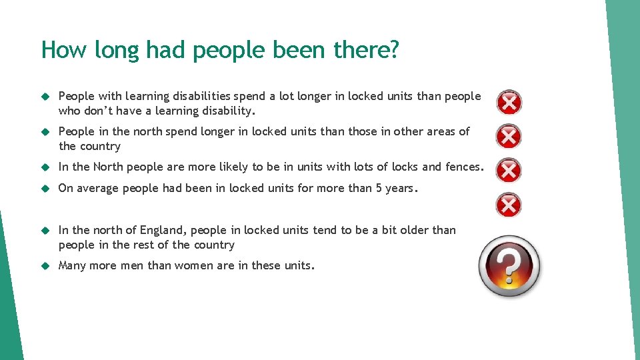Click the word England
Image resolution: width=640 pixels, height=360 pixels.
[163, 231]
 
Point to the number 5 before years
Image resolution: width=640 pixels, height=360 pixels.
[379, 189]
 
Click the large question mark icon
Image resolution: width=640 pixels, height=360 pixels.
[510, 267]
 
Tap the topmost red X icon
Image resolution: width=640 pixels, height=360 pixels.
[509, 102]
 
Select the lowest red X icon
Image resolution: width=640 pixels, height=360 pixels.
[509, 204]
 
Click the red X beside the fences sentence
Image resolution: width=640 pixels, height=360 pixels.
[509, 170]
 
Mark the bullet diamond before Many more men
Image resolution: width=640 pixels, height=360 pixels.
[46, 266]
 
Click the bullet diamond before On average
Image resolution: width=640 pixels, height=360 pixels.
[46, 189]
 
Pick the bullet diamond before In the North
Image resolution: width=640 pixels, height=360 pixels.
[46, 167]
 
